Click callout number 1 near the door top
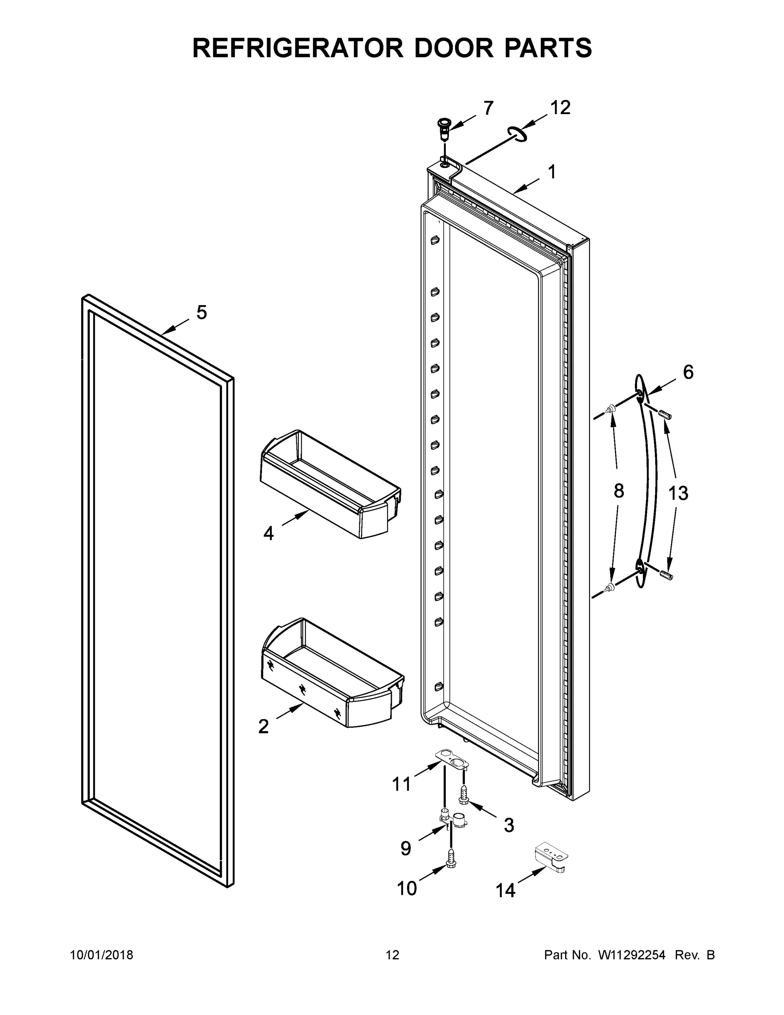[x=551, y=173]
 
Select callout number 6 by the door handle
[x=688, y=372]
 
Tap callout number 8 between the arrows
[x=619, y=491]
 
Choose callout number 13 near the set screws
[x=677, y=493]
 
